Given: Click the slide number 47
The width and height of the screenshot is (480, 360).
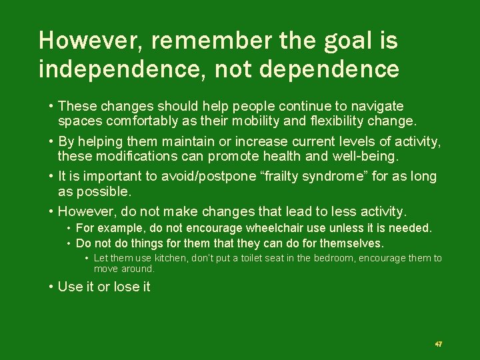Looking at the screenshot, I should click(x=438, y=344).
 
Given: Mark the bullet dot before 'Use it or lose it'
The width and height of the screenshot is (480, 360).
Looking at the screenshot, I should click(x=51, y=287).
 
